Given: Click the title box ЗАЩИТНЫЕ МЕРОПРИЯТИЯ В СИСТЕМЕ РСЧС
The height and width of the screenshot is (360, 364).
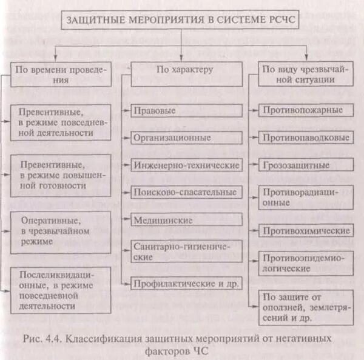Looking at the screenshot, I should (x=181, y=19).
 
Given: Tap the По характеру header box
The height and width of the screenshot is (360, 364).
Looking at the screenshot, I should (x=184, y=70).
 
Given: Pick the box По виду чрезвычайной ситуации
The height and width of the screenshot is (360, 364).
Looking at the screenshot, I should (x=306, y=75).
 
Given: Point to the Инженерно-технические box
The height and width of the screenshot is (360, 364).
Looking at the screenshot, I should (x=186, y=165).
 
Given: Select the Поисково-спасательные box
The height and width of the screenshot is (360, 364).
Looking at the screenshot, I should (x=186, y=192).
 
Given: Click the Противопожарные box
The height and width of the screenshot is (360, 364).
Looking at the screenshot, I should (x=306, y=110).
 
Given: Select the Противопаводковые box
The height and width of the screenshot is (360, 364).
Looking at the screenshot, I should (x=306, y=138).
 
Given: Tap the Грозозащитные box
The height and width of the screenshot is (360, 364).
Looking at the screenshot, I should (x=306, y=165).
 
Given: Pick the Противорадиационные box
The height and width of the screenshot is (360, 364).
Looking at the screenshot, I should (x=306, y=198).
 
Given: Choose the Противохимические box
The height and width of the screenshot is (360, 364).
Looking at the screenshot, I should (x=306, y=231).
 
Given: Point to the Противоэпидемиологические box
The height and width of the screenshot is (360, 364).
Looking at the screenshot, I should (x=306, y=262).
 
